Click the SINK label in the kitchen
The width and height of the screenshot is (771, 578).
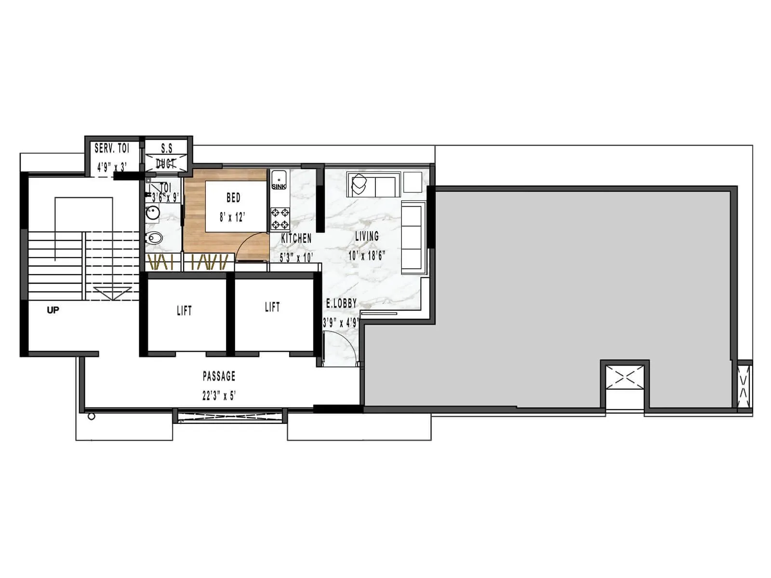point(279,186)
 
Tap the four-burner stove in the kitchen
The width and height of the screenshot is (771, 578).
point(280,218)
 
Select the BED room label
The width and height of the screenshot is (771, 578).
point(233,197)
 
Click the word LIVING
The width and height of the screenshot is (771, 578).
point(367,236)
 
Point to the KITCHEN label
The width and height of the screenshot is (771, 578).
point(296,238)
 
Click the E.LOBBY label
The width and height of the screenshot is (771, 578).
point(341,303)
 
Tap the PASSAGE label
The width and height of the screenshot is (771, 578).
point(219,376)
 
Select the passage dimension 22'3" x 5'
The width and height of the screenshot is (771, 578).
point(219,396)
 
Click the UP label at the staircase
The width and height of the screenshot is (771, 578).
point(53,310)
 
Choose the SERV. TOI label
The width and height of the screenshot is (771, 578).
point(112,148)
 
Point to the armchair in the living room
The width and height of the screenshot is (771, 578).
point(359,184)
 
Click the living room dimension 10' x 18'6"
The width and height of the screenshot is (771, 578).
point(367,255)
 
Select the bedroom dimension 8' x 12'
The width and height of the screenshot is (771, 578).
point(233,217)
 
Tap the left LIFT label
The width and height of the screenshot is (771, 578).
point(184,311)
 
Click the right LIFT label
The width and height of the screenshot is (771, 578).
point(272,307)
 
